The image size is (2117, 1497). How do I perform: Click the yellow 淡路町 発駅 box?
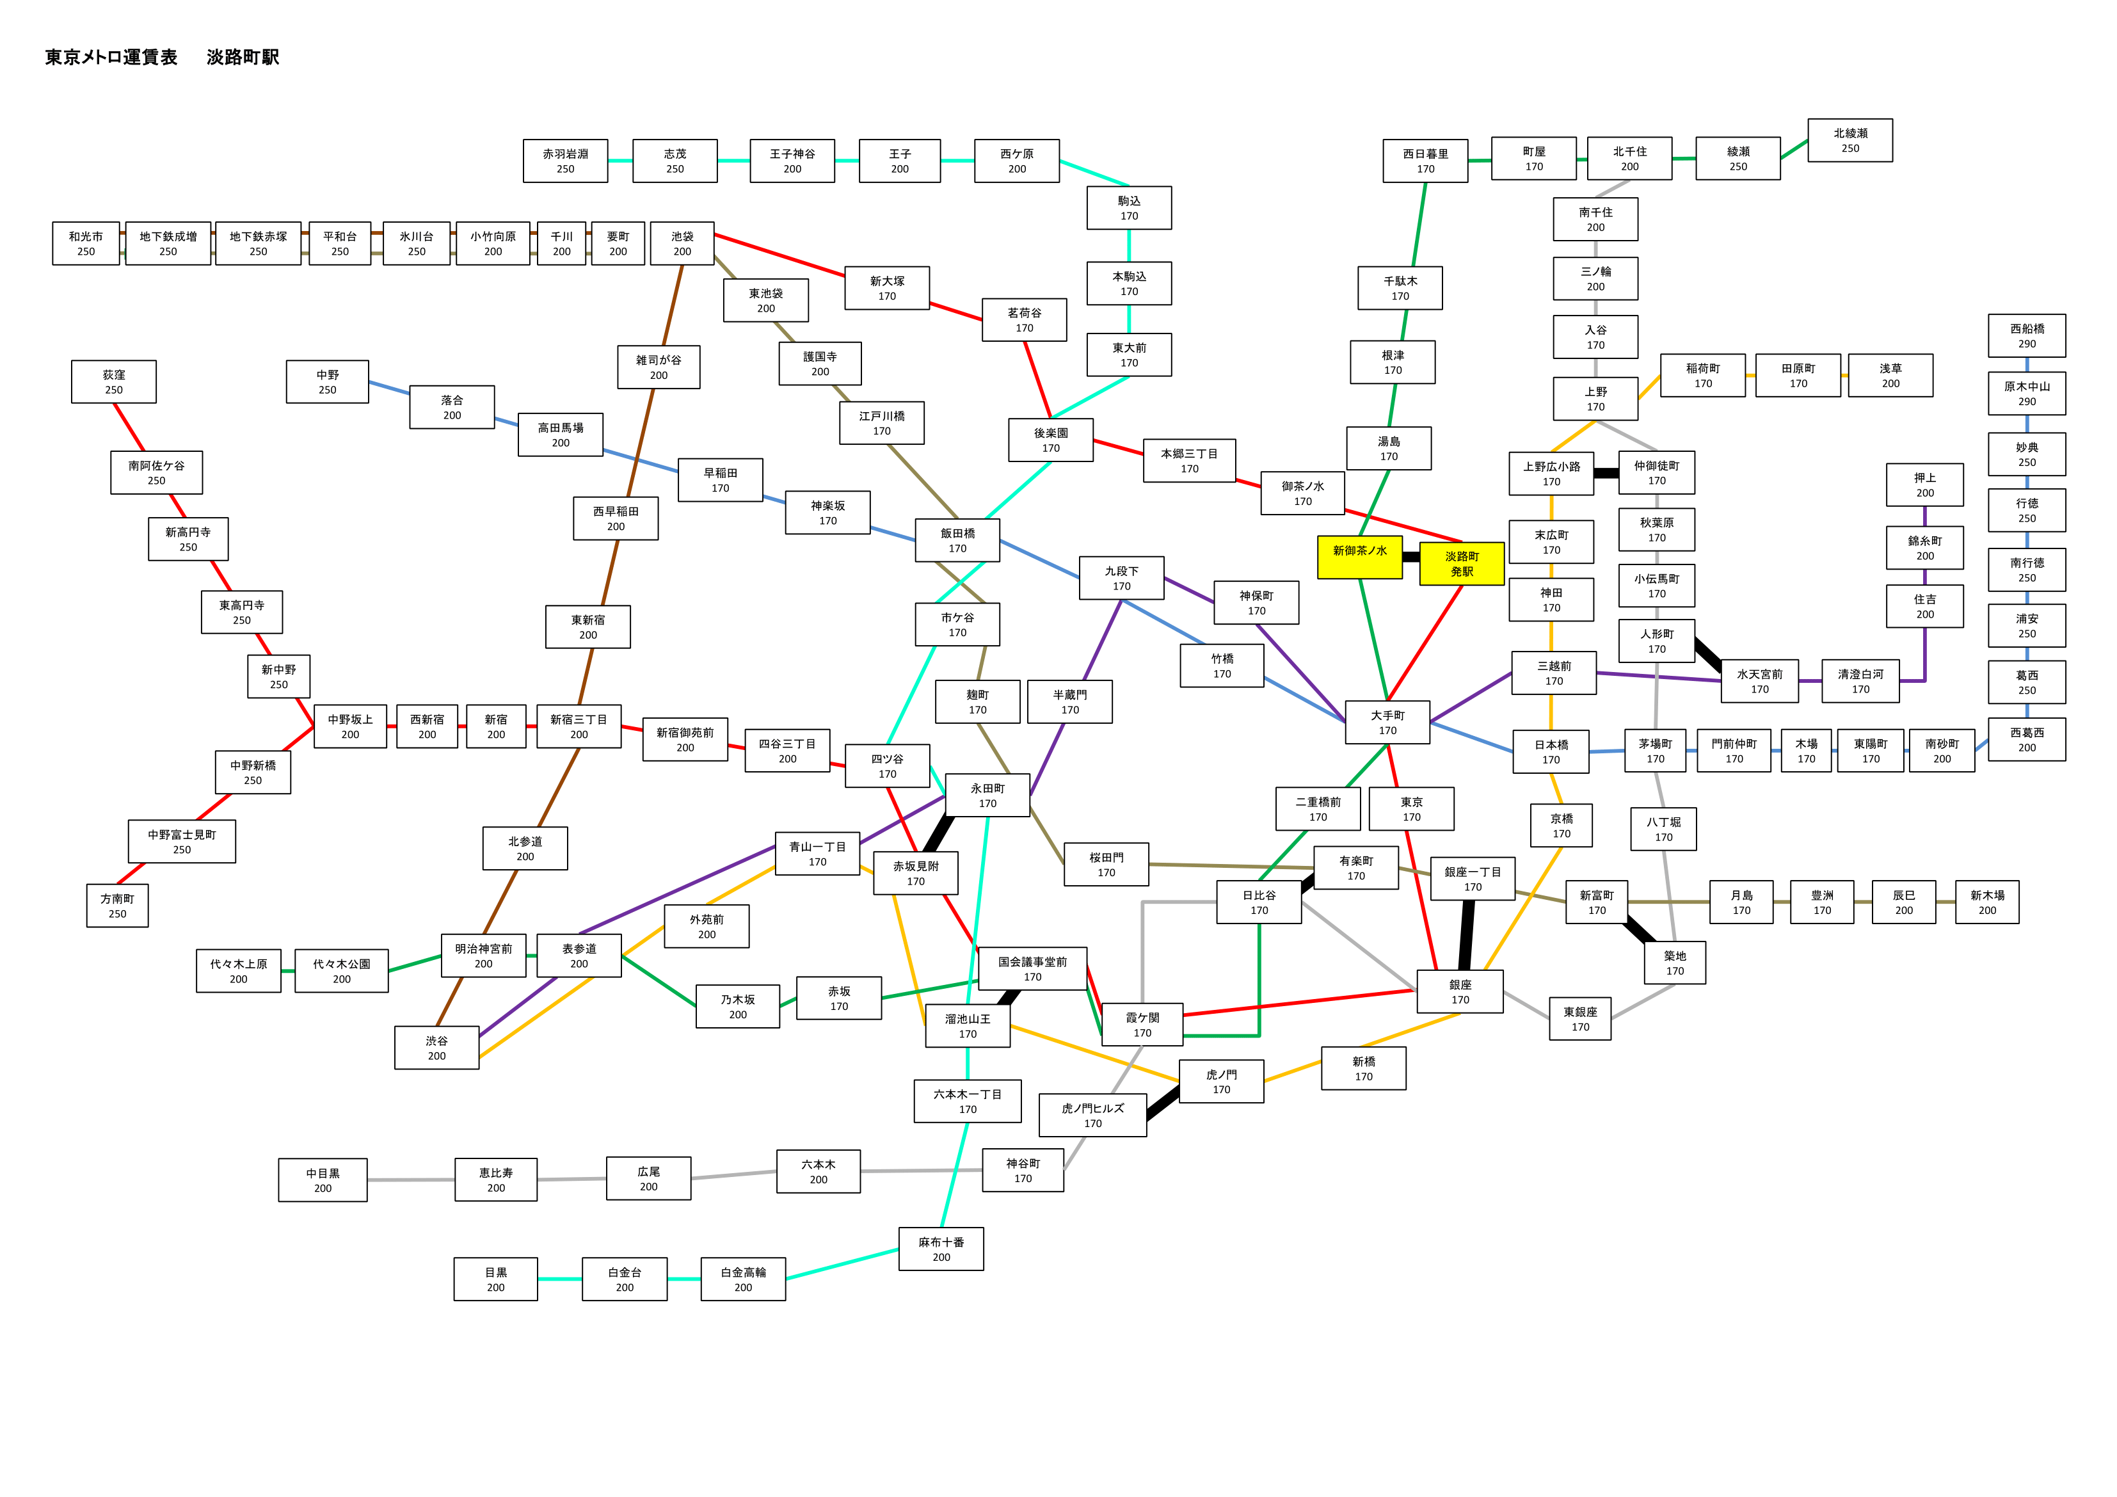tap(1462, 564)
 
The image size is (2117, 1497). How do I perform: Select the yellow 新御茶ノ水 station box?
tap(1360, 557)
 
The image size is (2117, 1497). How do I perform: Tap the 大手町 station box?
tap(1387, 722)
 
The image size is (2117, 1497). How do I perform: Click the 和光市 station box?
tap(86, 243)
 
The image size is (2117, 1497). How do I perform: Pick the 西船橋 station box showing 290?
tap(2027, 336)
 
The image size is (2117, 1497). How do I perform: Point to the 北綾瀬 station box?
tap(1849, 140)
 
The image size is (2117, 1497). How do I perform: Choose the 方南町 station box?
tap(117, 906)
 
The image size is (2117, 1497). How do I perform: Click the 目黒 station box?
tap(495, 1279)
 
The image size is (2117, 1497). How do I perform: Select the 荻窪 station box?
tap(113, 382)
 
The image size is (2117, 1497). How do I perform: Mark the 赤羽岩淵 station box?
tap(565, 161)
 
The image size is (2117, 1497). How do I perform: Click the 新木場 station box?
tap(1987, 902)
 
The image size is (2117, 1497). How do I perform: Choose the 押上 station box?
tap(1924, 485)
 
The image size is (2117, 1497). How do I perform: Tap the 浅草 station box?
tap(1890, 376)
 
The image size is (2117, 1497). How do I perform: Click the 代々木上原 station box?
tap(238, 972)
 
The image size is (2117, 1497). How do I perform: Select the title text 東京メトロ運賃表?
tap(111, 57)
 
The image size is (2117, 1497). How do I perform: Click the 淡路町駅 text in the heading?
tap(243, 57)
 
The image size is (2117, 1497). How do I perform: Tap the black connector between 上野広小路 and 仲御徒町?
tap(1606, 473)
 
